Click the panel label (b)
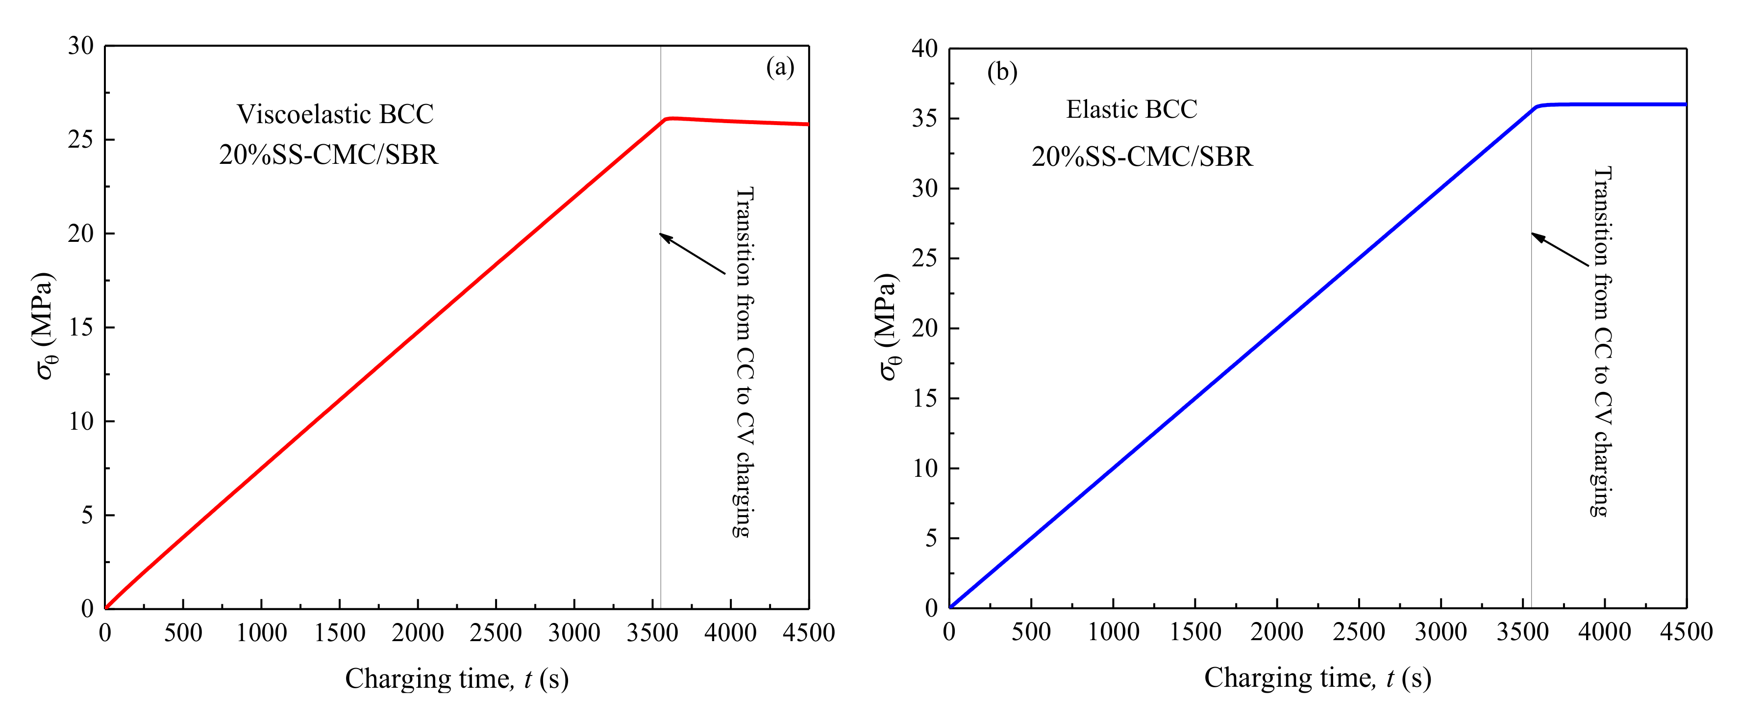click(x=1002, y=71)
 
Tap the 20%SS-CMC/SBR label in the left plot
click(x=329, y=155)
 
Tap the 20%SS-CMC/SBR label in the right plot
click(x=1142, y=156)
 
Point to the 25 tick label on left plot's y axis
click(x=80, y=139)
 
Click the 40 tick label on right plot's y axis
click(x=924, y=49)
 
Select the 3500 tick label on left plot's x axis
click(x=652, y=633)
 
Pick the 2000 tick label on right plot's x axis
click(x=1277, y=631)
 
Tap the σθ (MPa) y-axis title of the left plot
click(x=45, y=326)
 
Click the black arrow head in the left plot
click(x=664, y=236)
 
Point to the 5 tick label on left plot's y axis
click(x=87, y=515)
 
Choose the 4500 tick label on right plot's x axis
click(x=1686, y=631)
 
